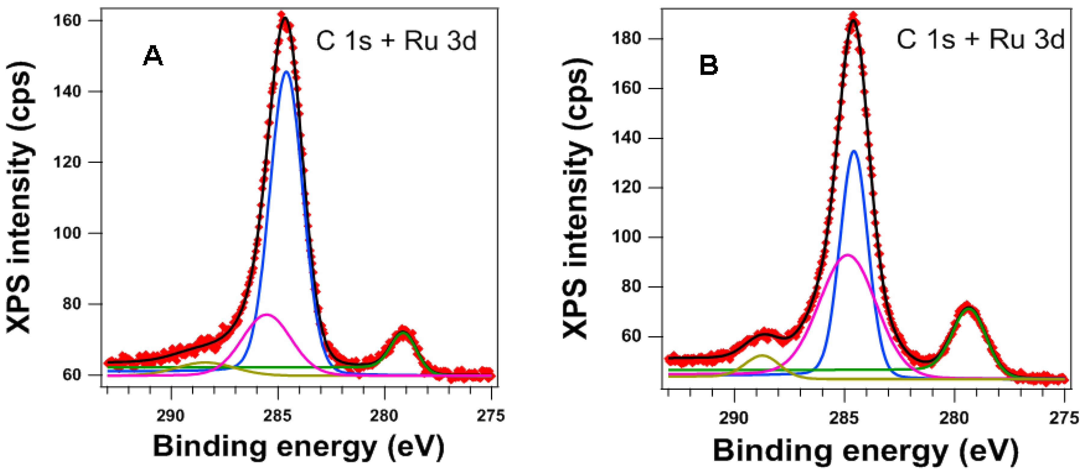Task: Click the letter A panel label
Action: pyautogui.click(x=153, y=56)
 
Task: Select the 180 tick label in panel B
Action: pyautogui.click(x=626, y=39)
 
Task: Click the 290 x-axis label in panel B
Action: pyautogui.click(x=734, y=418)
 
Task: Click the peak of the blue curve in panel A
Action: pyautogui.click(x=287, y=72)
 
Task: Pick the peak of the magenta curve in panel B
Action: pyautogui.click(x=848, y=255)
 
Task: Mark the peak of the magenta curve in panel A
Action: pyautogui.click(x=267, y=315)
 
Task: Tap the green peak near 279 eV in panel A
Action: pyautogui.click(x=403, y=333)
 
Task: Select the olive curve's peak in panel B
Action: pyautogui.click(x=762, y=355)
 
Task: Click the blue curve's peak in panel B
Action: pyautogui.click(x=854, y=151)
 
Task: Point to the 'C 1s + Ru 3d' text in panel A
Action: pyautogui.click(x=396, y=41)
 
